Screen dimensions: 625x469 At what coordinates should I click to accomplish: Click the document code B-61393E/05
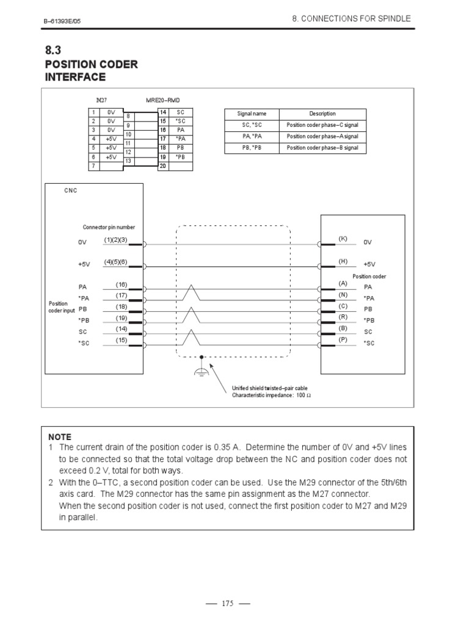pos(62,21)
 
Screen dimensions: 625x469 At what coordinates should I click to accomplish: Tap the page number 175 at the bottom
pos(227,604)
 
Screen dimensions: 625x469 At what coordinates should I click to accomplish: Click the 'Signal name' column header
pos(252,114)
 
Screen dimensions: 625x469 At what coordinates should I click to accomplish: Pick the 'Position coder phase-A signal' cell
pos(322,136)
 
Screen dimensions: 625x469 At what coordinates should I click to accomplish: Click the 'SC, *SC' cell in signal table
pos(252,125)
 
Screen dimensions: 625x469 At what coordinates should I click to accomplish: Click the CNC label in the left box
pos(71,190)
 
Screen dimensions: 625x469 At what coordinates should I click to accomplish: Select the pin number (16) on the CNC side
pos(121,284)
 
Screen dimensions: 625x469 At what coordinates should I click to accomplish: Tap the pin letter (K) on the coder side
pos(343,238)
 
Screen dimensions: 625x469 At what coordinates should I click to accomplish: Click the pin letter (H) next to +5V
pos(343,261)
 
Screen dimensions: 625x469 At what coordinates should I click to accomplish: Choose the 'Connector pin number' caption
pos(109,227)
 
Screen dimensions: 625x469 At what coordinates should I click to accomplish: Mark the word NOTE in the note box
pos(60,437)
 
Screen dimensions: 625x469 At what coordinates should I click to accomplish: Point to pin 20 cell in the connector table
pos(163,165)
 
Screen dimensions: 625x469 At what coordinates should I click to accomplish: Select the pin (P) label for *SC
pos(343,339)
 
